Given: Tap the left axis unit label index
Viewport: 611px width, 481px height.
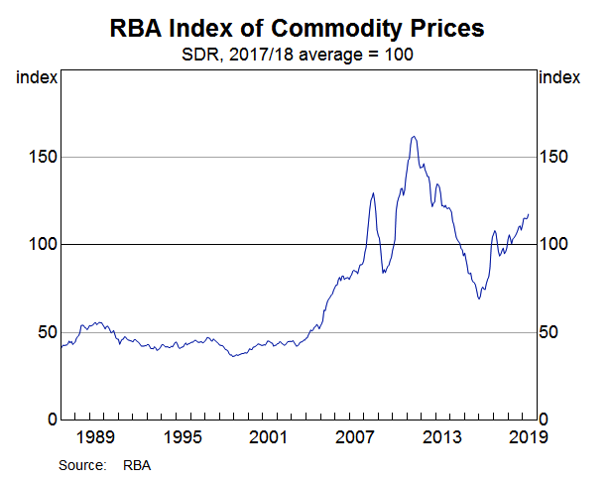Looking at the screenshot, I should (x=37, y=77).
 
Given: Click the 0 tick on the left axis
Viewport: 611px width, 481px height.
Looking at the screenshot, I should (x=48, y=420).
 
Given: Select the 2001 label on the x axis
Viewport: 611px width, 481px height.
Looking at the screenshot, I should (x=270, y=437).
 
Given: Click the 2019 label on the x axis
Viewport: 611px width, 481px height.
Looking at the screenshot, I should (x=526, y=437).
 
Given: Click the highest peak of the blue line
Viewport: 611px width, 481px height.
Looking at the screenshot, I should (x=413, y=137).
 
